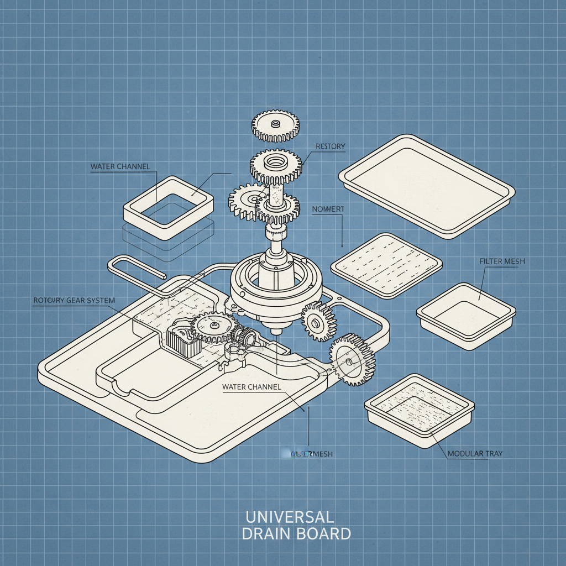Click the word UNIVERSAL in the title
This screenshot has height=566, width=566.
coord(289,517)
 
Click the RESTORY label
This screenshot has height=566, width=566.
coord(330,146)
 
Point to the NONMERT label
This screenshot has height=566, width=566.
coord(328,209)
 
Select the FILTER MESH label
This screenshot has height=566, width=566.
coord(502,261)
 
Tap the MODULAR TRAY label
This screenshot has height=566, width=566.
coord(475,453)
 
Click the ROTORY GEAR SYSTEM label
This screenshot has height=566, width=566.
coord(74,300)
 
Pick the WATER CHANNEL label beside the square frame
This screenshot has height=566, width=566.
coord(120,166)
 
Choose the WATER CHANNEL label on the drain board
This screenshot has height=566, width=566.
coord(251,387)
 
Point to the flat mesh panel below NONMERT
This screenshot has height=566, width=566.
coord(386,265)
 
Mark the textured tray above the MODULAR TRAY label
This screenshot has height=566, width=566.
coord(419,409)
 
